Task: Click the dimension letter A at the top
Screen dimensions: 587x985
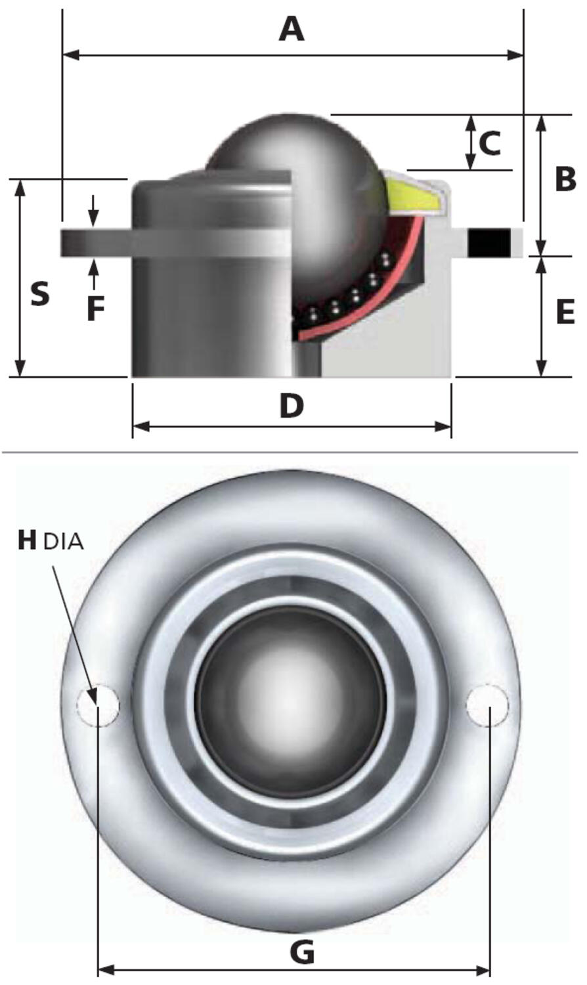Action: point(292,30)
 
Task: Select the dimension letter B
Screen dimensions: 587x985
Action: point(565,180)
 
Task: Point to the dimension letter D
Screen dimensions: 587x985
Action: point(292,406)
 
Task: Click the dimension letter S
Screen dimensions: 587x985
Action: point(40,294)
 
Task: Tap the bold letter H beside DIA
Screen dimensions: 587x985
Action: point(27,540)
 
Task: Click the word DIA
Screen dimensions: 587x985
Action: point(63,541)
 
